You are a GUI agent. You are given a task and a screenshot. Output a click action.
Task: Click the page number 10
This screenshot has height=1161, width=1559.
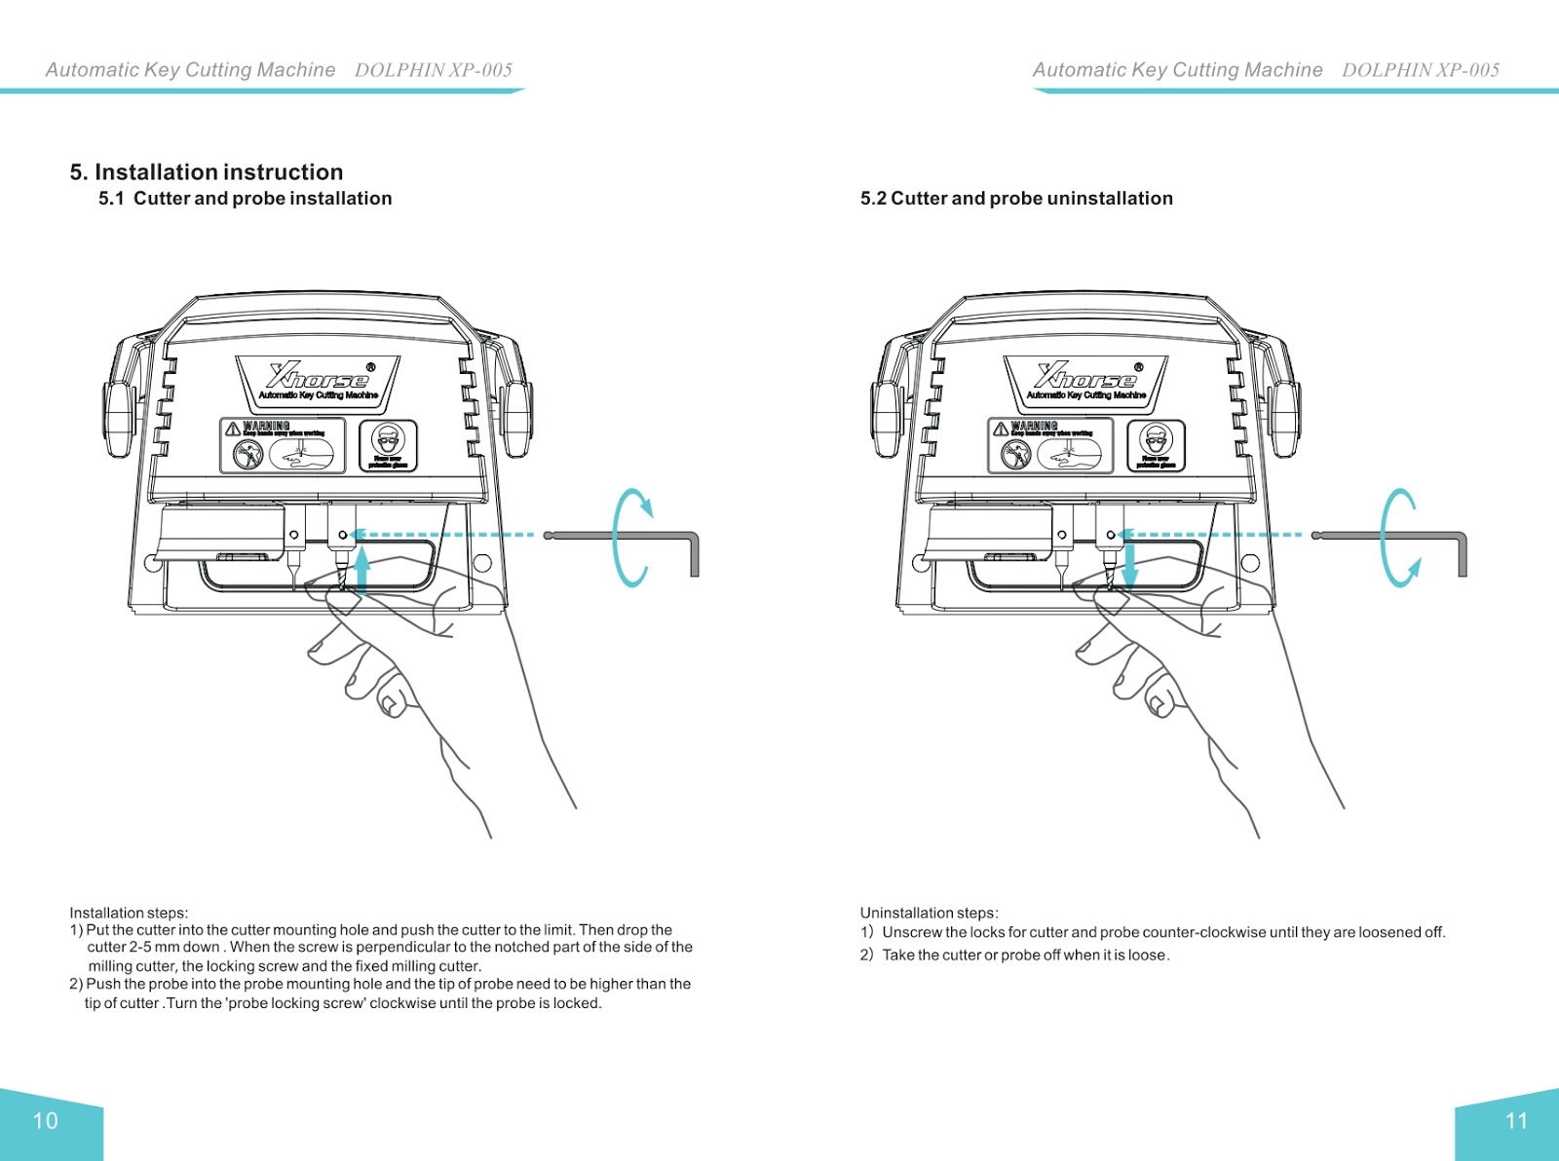pos(46,1121)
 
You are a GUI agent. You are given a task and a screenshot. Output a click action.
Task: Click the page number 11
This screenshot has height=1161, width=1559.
pos(1516,1121)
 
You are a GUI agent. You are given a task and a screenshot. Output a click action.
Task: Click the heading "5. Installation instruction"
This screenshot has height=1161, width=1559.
pos(207,172)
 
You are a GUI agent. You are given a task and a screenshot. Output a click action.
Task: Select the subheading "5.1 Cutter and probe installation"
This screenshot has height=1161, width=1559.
pos(246,199)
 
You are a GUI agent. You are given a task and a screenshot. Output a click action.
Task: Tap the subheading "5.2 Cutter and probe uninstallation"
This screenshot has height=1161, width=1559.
pos(1016,199)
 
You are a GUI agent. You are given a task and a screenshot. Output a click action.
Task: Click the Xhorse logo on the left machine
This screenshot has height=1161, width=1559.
pos(319,378)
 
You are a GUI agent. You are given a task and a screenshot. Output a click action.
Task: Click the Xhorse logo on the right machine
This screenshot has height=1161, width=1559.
pos(1086,378)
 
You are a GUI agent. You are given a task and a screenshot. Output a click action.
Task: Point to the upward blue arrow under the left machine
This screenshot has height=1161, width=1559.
pos(361,570)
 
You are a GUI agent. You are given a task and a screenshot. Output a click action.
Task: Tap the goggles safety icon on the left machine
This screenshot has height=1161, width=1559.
pos(388,445)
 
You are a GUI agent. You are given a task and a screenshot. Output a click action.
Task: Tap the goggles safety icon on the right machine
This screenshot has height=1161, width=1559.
pos(1156,445)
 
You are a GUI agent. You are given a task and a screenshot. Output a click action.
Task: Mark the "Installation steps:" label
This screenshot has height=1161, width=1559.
pos(129,914)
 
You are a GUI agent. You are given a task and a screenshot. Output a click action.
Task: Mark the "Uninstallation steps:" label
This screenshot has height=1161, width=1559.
pos(929,914)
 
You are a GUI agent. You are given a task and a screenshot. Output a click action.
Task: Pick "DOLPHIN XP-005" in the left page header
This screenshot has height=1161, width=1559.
pos(434,70)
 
